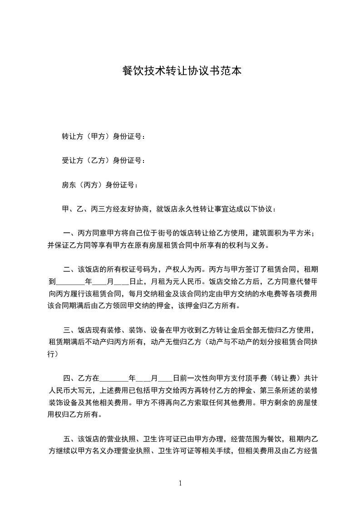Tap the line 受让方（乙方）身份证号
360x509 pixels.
(104, 161)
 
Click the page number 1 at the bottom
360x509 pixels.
(180, 484)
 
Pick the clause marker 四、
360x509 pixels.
(70, 377)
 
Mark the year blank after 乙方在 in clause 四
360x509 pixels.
(113, 377)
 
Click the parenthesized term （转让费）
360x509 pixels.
(285, 377)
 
